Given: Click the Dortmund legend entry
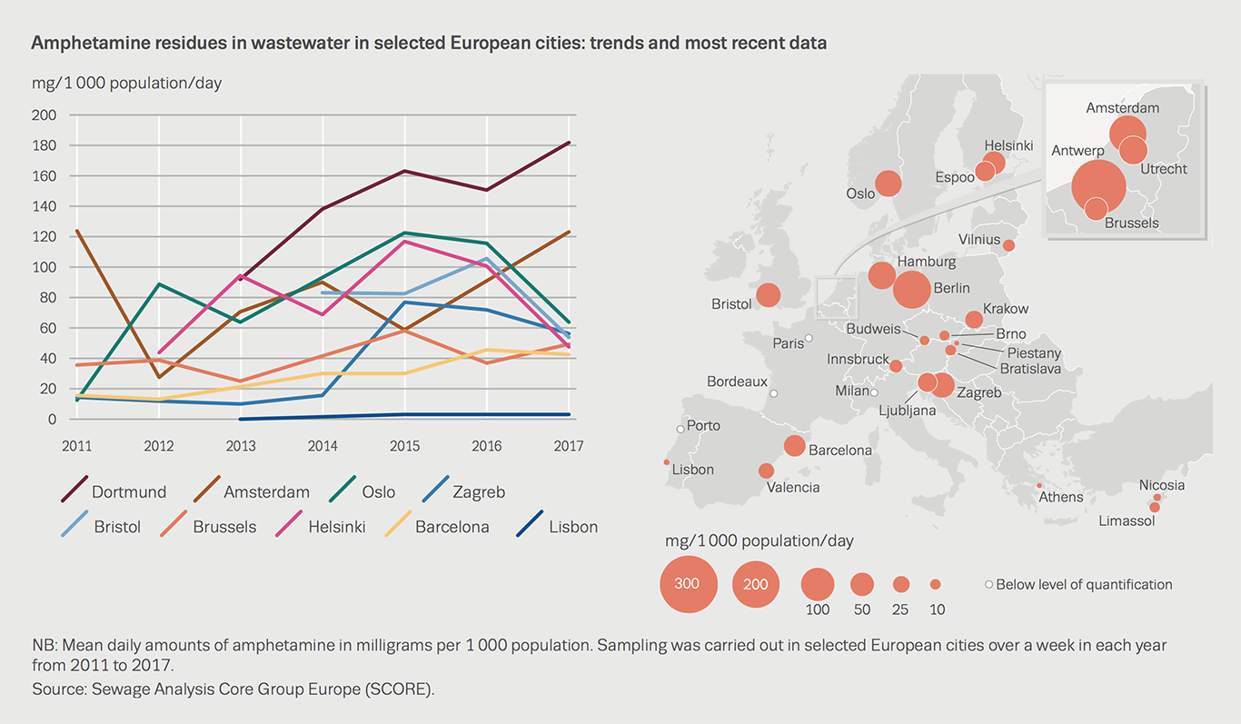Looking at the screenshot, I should pyautogui.click(x=128, y=492).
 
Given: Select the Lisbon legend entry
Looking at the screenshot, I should pyautogui.click(x=573, y=527).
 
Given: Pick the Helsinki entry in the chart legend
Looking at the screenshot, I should pyautogui.click(x=336, y=527).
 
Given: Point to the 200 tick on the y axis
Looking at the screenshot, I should pyautogui.click(x=44, y=115).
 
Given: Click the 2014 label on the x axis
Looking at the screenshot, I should pyautogui.click(x=323, y=446).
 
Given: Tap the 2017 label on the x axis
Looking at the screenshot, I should pyautogui.click(x=568, y=446).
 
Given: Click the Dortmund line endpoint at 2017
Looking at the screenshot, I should pyautogui.click(x=570, y=143).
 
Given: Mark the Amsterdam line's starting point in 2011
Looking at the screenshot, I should pyautogui.click(x=77, y=231).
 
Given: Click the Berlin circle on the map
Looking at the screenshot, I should pyautogui.click(x=911, y=289).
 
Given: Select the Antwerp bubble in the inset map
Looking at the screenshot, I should pyautogui.click(x=1098, y=186).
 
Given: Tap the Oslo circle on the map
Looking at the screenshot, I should pyautogui.click(x=888, y=183).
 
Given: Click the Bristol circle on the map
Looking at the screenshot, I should pyautogui.click(x=769, y=295).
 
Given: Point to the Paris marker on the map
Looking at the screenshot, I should pyautogui.click(x=809, y=338).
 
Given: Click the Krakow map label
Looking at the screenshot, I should pyautogui.click(x=1005, y=309).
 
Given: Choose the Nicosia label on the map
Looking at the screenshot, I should pyautogui.click(x=1162, y=485).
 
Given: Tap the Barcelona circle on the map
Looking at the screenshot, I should pyautogui.click(x=794, y=446).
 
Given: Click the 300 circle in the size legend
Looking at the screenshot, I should pyautogui.click(x=688, y=583).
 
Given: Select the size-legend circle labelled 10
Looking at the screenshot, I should pyautogui.click(x=935, y=584).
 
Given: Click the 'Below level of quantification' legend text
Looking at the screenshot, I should pyautogui.click(x=1084, y=584).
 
